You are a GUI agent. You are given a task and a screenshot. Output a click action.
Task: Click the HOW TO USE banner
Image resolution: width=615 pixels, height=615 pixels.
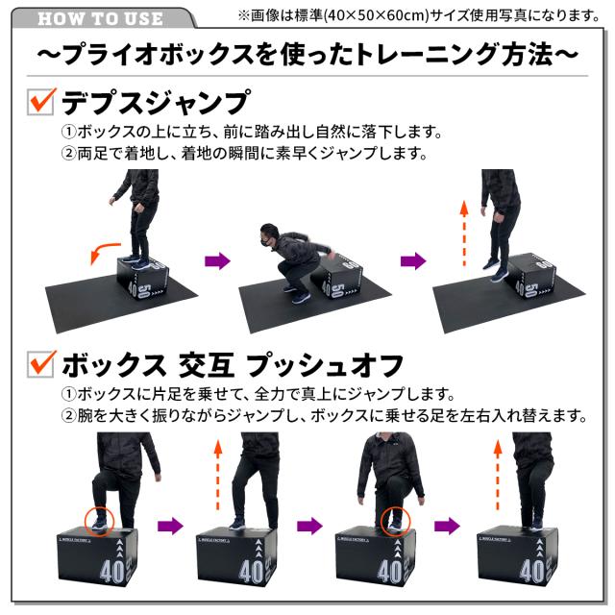[x=101, y=18]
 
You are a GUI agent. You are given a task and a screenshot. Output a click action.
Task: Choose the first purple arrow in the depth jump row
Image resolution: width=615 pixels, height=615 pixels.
[x=219, y=260]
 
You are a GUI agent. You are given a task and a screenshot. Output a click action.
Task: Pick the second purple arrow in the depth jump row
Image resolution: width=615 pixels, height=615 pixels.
[x=413, y=260]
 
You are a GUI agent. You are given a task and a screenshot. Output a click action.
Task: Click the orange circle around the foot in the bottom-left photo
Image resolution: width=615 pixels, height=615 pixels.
[x=98, y=519]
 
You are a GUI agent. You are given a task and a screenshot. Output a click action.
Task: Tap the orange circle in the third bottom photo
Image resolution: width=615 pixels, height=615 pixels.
[x=394, y=519]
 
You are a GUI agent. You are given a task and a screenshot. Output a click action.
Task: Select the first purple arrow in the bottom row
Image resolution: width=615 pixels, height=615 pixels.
[x=170, y=525]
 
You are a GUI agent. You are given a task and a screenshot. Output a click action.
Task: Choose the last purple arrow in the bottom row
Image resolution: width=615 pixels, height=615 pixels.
[x=447, y=525]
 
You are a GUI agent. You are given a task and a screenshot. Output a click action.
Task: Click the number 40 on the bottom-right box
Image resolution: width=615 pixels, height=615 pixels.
[x=531, y=574]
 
